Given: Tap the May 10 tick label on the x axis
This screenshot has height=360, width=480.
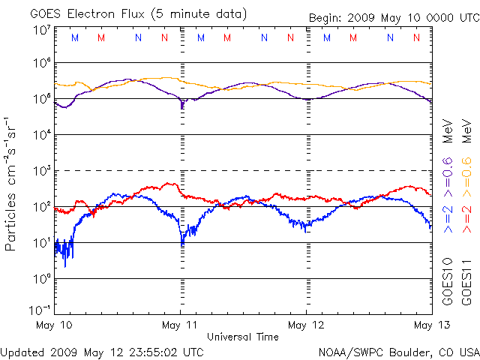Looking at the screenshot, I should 55,325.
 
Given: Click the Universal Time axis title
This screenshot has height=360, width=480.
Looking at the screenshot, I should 243,337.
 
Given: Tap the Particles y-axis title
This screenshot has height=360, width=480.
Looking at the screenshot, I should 12,184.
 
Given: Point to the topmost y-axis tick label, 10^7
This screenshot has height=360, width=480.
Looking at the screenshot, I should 41,31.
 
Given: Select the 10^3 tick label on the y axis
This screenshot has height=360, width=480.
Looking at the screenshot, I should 41,171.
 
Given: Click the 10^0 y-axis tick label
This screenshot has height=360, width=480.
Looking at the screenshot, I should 41,279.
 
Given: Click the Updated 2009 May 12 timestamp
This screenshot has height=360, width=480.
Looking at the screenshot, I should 102,351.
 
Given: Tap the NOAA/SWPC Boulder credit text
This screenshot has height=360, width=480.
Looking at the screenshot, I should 398,351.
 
